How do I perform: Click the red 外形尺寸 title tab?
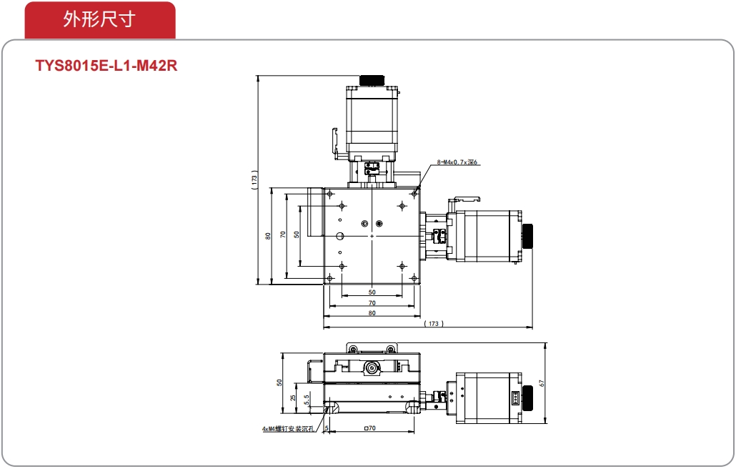tap(100, 20)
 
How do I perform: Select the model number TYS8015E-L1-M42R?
tap(106, 65)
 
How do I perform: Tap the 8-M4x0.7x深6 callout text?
tap(457, 162)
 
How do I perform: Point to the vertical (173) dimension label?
tap(254, 179)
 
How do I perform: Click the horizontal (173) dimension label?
tap(433, 323)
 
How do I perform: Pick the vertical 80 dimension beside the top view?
tap(267, 236)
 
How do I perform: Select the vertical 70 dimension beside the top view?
tap(282, 234)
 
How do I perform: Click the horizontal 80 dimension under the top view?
tap(372, 313)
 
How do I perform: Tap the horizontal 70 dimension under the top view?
tap(372, 303)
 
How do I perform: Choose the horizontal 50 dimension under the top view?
tap(372, 292)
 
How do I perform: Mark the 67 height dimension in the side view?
tap(542, 383)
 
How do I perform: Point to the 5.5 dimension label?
tap(306, 400)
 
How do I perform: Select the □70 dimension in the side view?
tap(370, 428)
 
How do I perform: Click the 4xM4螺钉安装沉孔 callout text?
tap(287, 429)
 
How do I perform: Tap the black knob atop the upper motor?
tap(372, 80)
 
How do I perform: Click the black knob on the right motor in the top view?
tap(527, 236)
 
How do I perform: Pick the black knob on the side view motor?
tap(527, 398)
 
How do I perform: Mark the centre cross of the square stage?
tap(372, 236)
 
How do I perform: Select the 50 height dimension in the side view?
tap(279, 382)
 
